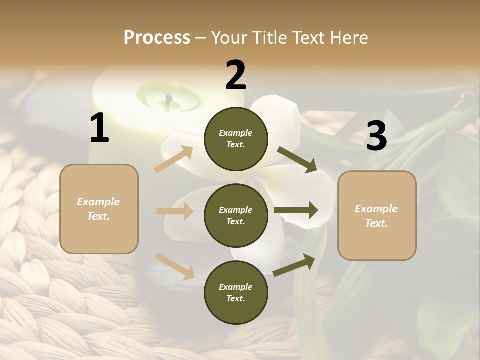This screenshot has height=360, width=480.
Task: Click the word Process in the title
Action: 157,37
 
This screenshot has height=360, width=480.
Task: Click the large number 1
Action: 99,128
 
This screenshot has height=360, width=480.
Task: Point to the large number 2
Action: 236,75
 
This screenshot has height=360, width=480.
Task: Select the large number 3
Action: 376,136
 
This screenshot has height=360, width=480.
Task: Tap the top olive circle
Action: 236,139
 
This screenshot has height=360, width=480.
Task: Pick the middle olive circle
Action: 236,215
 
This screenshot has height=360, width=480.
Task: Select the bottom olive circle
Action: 236,293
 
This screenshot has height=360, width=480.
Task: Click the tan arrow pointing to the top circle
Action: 174,159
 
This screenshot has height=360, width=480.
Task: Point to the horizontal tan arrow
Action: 175,212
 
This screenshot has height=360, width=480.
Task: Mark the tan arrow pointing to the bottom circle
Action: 175,266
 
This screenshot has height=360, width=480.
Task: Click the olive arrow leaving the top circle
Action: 297,159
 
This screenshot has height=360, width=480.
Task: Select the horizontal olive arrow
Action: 296,210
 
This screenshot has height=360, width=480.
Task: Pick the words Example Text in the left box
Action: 98,209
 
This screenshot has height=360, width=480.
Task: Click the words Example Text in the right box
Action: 376,216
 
